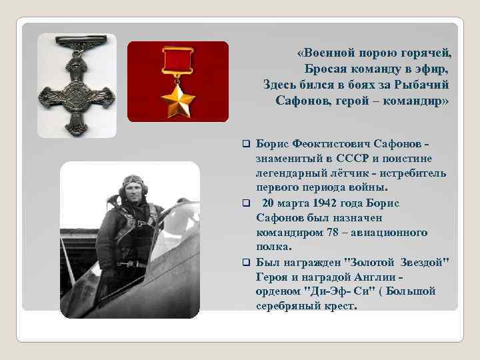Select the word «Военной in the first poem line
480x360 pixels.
click(x=328, y=52)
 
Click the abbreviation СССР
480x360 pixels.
click(x=343, y=158)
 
